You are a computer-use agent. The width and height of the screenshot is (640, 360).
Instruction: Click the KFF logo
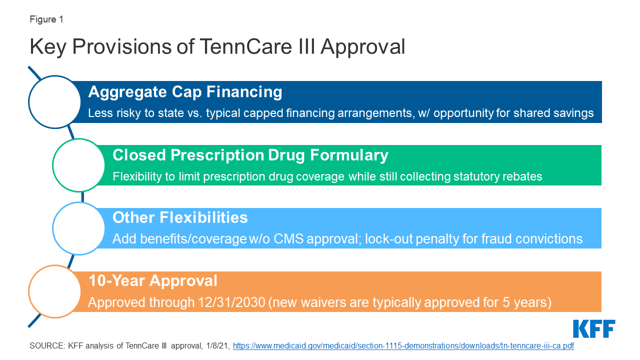pos(594,329)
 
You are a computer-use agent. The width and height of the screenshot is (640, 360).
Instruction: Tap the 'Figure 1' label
pos(46,19)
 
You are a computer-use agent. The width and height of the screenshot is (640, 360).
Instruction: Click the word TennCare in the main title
pos(245,46)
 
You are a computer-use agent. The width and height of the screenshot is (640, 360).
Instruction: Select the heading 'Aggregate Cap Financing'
pos(185,92)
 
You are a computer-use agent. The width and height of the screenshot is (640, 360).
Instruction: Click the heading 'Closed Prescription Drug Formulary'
pos(250,155)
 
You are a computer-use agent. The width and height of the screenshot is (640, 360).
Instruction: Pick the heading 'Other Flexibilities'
pos(180,217)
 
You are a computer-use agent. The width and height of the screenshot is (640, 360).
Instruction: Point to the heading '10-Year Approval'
pos(153,280)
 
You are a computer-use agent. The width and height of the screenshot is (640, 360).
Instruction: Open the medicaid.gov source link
pos(403,346)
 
